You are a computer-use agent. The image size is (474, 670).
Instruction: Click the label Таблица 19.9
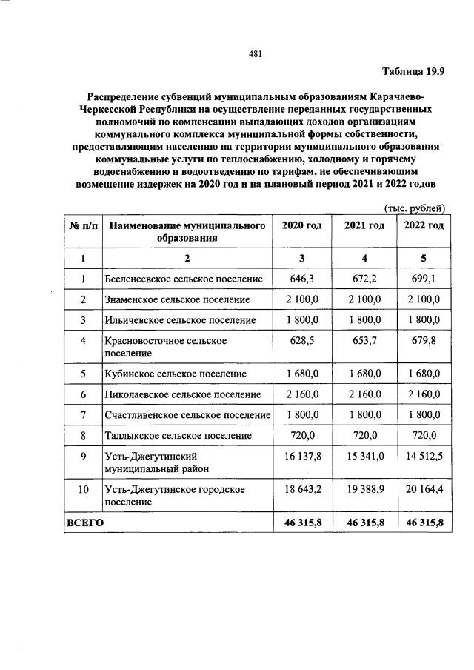(414, 71)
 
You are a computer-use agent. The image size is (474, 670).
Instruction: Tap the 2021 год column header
(364, 225)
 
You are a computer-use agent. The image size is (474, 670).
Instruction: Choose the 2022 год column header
(424, 225)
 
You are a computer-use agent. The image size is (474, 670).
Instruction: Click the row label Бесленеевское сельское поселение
(184, 279)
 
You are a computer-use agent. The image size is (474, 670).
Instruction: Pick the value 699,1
(424, 279)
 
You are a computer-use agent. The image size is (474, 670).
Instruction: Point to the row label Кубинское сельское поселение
(175, 374)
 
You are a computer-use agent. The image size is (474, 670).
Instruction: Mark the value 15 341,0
(364, 456)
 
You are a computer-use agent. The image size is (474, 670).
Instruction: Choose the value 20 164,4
(424, 490)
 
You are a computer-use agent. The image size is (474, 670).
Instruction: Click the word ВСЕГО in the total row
(85, 523)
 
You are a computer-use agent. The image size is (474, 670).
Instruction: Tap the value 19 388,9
(364, 490)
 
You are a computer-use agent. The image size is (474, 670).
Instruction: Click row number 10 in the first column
(83, 490)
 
